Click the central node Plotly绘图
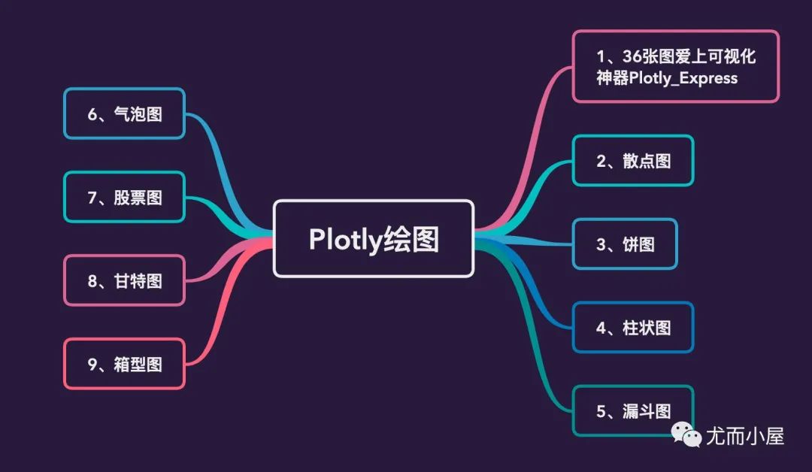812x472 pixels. click(373, 238)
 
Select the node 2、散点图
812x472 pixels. click(633, 160)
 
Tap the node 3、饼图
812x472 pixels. click(625, 244)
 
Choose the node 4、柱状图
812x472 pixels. click(633, 327)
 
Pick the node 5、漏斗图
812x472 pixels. click(633, 410)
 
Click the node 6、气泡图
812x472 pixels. click(124, 113)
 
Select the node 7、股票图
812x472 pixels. click(124, 197)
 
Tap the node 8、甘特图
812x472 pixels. click(124, 280)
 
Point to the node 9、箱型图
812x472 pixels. click(124, 364)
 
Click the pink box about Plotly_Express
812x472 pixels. click(675, 66)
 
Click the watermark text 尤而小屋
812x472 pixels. click(744, 435)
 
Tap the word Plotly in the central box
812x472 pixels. click(345, 239)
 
